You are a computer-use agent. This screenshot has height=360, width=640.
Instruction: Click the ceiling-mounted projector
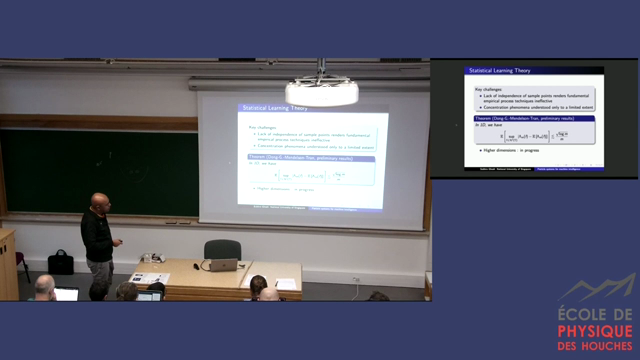pos(322,91)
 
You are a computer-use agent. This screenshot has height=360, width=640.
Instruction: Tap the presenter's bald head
pos(100,201)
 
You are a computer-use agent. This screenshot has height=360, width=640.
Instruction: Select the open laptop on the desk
pos(220,264)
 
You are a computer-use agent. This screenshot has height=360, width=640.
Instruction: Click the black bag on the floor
pos(61,262)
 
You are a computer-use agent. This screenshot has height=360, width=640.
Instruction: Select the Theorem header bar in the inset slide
pos(535,118)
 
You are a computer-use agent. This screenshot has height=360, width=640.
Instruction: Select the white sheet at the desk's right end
pos(286,284)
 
